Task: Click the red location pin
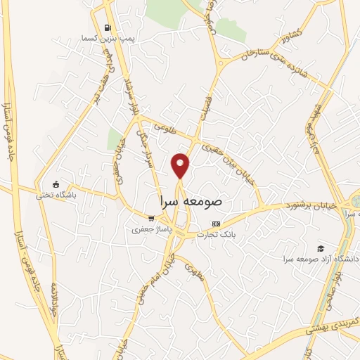click(181, 165)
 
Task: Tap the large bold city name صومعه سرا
click(191, 200)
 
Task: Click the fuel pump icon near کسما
click(107, 28)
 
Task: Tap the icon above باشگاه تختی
click(65, 185)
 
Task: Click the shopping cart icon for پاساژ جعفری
click(150, 219)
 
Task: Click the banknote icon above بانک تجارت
click(216, 224)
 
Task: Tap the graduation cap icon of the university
click(321, 248)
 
